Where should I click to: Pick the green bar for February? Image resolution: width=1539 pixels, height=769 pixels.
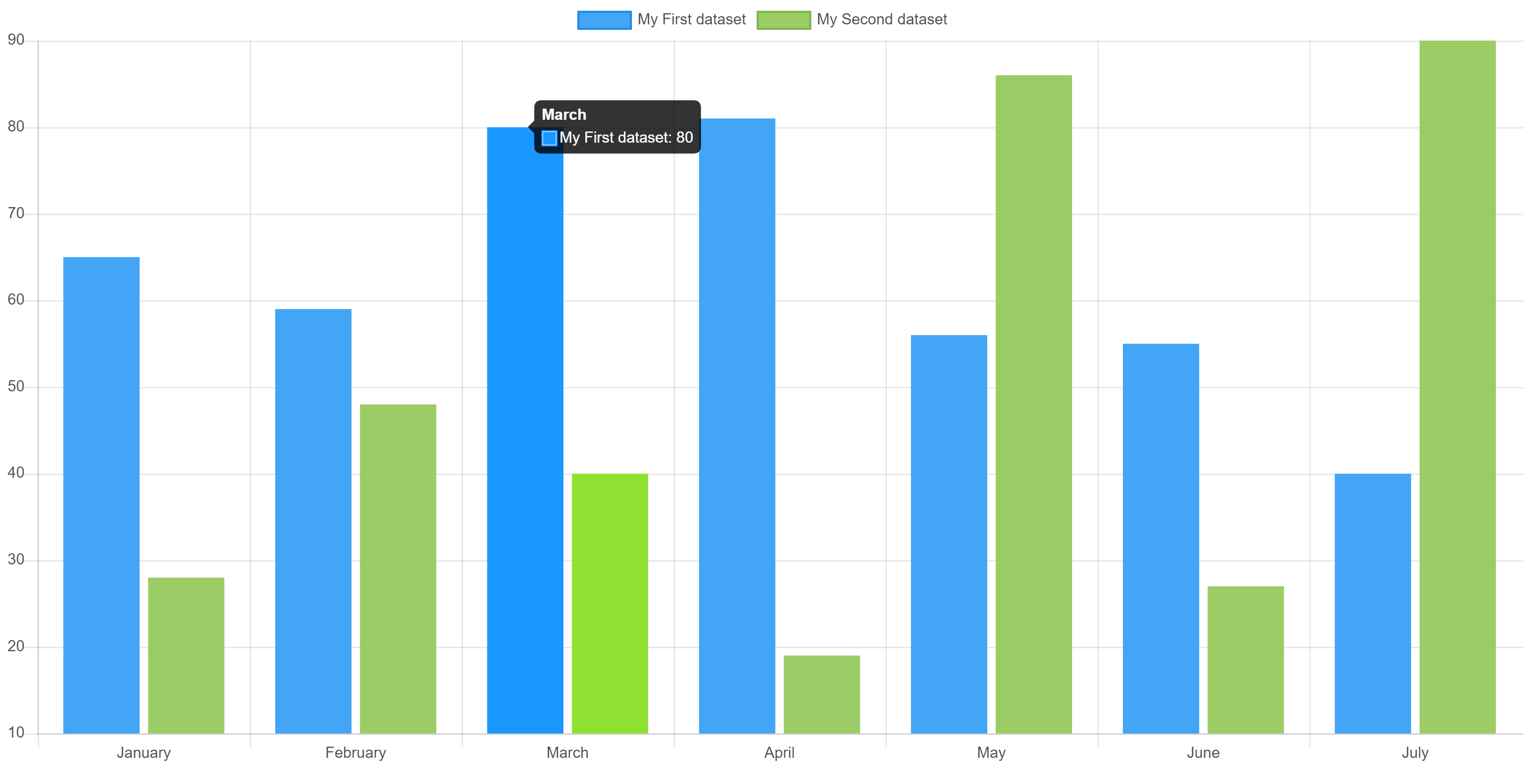tap(398, 568)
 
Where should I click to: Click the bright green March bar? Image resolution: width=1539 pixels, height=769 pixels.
tap(610, 603)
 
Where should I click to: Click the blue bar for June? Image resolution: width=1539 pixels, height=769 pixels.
tap(1160, 538)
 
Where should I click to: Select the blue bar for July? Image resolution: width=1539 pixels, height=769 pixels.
tap(1373, 603)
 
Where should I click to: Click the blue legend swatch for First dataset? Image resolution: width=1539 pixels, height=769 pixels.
tap(604, 20)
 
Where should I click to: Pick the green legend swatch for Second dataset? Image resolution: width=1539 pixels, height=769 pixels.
tap(783, 20)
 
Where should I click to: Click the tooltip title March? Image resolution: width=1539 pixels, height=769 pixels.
tap(563, 115)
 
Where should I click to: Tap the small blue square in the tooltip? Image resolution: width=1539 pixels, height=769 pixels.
tap(549, 138)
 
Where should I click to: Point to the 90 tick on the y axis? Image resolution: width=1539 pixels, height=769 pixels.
tap(16, 40)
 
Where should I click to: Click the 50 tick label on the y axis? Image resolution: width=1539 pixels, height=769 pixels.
tap(16, 386)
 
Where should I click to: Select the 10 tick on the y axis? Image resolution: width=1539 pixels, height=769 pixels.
tap(16, 732)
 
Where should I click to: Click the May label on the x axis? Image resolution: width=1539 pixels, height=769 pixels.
tap(991, 752)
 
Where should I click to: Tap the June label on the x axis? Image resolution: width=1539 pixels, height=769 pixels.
tap(1202, 752)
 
